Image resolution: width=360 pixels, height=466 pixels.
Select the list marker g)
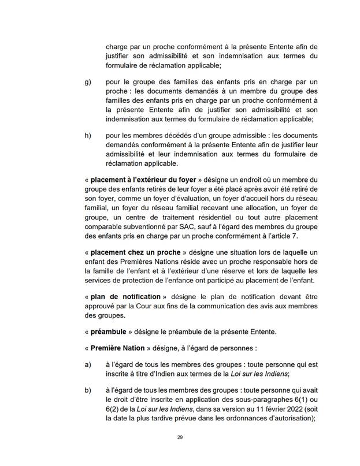[x=88, y=83]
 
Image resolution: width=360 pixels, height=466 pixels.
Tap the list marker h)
[x=88, y=136]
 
